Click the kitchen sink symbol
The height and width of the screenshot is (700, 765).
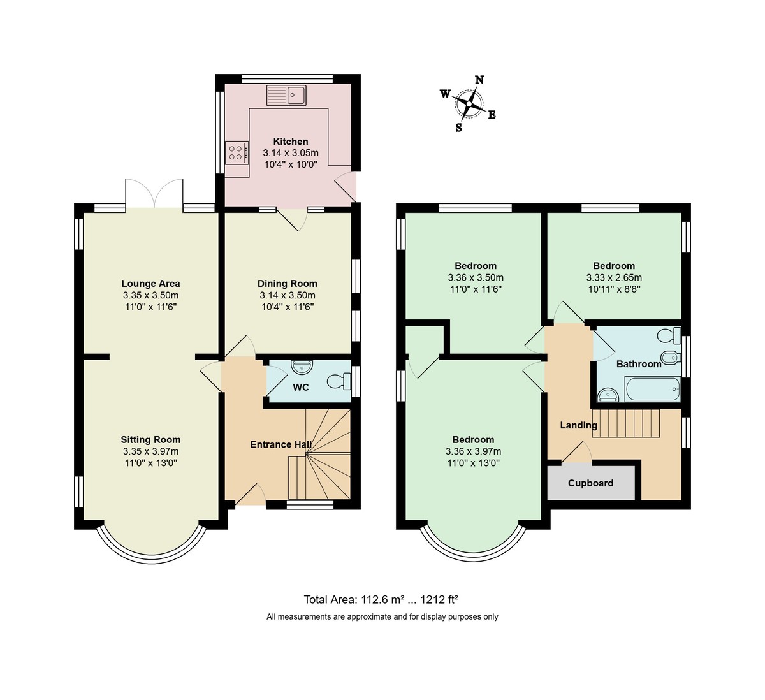point(287,96)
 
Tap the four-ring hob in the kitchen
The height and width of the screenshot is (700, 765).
point(235,152)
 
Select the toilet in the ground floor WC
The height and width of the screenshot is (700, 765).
point(339,381)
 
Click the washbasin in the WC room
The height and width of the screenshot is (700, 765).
point(302,367)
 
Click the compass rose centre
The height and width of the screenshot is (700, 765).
point(469,103)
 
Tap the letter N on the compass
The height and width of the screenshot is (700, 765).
point(479,80)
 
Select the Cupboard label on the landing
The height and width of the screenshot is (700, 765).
point(590,483)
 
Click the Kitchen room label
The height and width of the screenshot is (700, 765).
point(291,142)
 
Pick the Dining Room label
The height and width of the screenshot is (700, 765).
point(287,284)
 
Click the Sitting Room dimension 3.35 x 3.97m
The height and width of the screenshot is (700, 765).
point(151,451)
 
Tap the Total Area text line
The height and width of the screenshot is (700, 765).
point(381,599)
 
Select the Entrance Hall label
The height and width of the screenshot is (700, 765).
point(280,444)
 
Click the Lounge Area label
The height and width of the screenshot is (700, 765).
point(150,284)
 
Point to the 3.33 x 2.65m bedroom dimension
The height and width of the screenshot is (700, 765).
point(614,278)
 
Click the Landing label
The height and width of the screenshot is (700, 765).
point(578,425)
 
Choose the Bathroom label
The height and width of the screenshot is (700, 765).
point(639,364)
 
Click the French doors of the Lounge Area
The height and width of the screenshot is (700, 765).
point(154,194)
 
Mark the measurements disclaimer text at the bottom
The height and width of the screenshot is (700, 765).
point(382,616)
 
